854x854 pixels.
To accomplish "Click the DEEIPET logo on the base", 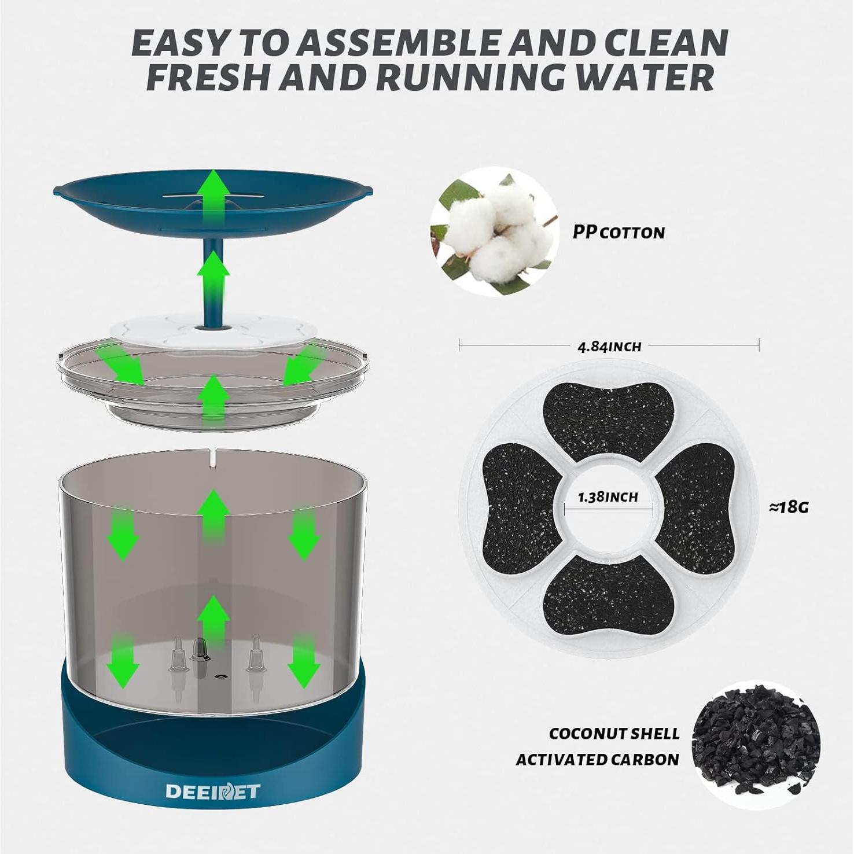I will tap(213, 791).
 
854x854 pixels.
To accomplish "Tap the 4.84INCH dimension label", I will tap(609, 347).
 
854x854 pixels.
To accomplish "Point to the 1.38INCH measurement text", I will tap(608, 497).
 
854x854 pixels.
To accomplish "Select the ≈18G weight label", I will tap(789, 507).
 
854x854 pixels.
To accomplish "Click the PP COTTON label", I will tap(618, 233).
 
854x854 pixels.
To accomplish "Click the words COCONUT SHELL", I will tap(614, 734).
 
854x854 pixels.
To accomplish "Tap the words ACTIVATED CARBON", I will tap(597, 759).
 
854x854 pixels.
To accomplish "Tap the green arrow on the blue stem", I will tap(213, 275).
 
